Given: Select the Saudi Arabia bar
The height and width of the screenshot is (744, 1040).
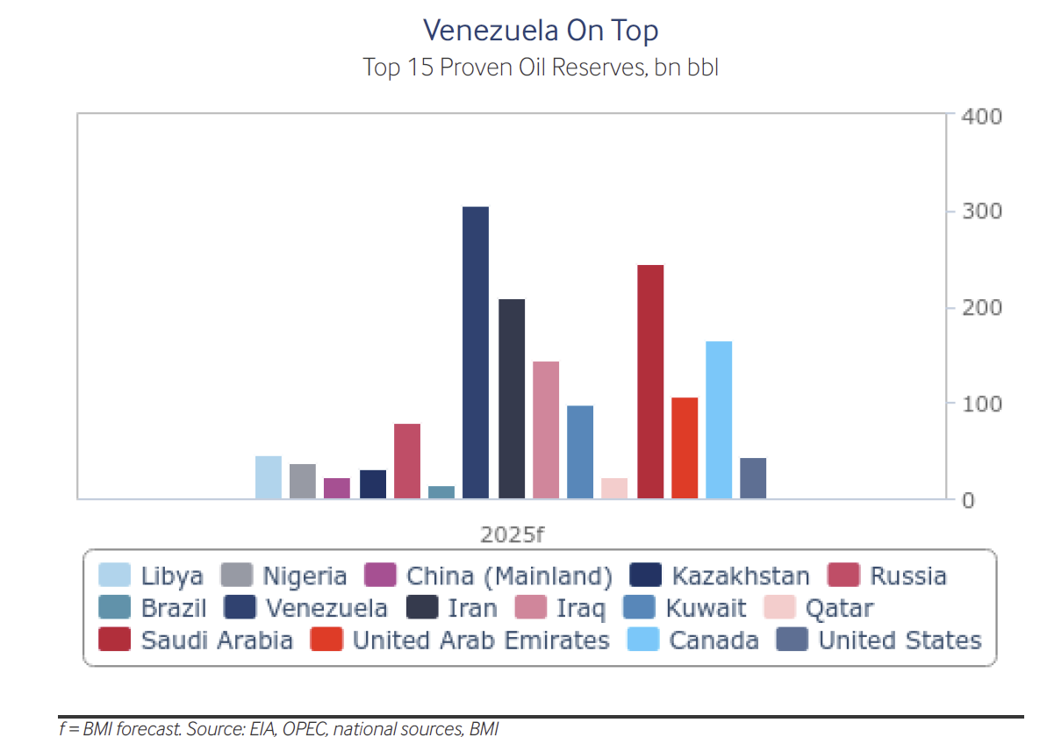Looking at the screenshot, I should tap(650, 382).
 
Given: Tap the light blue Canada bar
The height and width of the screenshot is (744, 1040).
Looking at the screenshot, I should tap(719, 419).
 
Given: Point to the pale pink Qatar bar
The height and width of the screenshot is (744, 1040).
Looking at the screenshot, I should tap(614, 489).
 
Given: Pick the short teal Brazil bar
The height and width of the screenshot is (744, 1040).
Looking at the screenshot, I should tap(441, 492).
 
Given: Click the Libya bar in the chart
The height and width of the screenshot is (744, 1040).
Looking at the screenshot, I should tap(269, 477).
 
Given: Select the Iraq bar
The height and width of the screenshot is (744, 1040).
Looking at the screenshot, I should tap(546, 430).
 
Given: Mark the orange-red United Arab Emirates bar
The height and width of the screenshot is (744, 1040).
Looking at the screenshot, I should tap(685, 448).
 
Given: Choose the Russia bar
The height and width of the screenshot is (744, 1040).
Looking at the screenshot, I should tap(407, 461).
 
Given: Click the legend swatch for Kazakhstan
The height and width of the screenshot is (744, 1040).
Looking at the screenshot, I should tap(645, 576).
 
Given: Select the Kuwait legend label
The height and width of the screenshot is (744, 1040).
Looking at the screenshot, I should tap(706, 608).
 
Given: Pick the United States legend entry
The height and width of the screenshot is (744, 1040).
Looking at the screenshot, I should tap(900, 640).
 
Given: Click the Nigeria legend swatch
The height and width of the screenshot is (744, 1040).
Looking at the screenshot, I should tap(236, 576).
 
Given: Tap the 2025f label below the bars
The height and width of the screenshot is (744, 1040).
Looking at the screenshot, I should tap(506, 533).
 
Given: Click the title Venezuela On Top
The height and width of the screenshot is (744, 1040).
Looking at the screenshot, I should tap(541, 31).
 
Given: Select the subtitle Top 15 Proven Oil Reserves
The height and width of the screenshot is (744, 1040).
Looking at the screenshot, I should tap(541, 67).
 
